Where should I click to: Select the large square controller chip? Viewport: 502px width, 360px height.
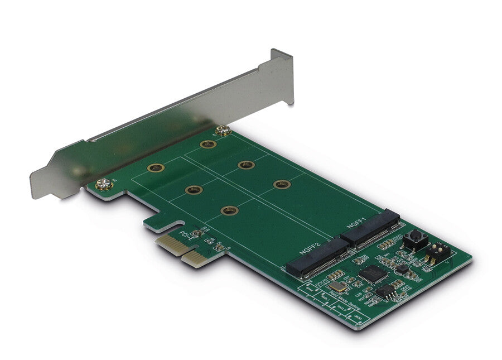[370, 273]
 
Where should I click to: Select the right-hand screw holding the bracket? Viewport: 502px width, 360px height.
[224, 131]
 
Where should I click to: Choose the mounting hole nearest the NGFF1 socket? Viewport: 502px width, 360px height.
[282, 184]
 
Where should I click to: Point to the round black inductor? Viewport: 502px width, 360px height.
[402, 268]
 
